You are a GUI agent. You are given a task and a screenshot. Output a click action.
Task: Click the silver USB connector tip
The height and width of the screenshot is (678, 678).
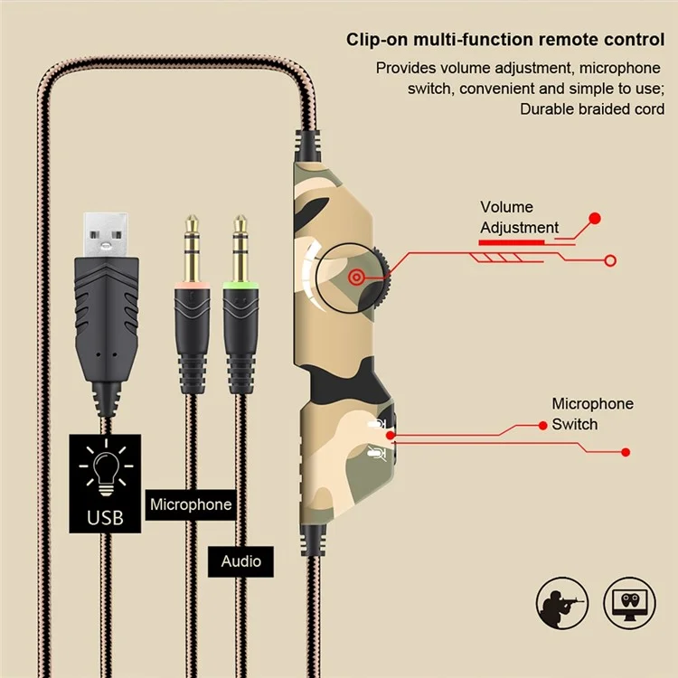pyautogui.click(x=106, y=235)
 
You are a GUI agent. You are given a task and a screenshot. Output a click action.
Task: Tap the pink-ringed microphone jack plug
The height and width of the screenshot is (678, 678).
pyautogui.click(x=193, y=304)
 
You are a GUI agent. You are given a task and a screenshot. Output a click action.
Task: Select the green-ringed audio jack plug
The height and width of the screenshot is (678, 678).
pyautogui.click(x=240, y=304)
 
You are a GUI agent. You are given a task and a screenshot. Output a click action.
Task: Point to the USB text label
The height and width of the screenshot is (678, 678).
pyautogui.click(x=105, y=518)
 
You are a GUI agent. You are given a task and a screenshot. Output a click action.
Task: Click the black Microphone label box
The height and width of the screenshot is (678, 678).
pyautogui.click(x=191, y=504)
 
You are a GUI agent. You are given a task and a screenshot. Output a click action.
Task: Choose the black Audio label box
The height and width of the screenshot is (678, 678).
pyautogui.click(x=240, y=561)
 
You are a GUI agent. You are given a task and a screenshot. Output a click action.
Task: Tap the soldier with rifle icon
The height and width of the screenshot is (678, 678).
pyautogui.click(x=562, y=603)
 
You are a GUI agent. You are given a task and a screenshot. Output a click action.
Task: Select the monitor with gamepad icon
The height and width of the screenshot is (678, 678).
pyautogui.click(x=629, y=603)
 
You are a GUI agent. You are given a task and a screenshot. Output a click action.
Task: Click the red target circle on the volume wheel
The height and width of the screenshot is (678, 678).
pyautogui.click(x=356, y=278)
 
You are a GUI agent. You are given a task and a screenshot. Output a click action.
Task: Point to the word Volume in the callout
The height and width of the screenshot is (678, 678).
pyautogui.click(x=506, y=207)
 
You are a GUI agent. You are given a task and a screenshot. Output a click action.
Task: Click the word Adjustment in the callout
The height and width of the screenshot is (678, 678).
pyautogui.click(x=519, y=228)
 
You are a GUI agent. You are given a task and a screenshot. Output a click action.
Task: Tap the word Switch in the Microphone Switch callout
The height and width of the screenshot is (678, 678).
pyautogui.click(x=575, y=425)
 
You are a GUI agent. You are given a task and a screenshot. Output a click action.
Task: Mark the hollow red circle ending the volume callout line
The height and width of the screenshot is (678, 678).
pyautogui.click(x=610, y=260)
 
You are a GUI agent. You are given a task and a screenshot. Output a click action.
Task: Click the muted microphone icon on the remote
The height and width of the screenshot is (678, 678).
pyautogui.click(x=377, y=453)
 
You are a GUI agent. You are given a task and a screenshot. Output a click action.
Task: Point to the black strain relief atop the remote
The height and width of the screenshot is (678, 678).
pyautogui.click(x=307, y=146)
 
